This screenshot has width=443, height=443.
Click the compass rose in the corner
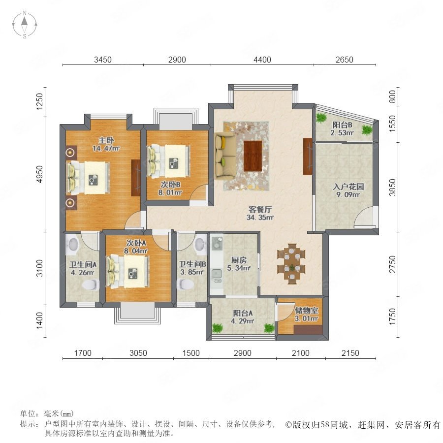tap(25, 24)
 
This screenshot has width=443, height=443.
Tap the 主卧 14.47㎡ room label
tap(106, 144)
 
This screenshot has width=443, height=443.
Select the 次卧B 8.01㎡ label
tap(170, 189)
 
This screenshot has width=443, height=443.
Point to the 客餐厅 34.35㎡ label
tap(260, 213)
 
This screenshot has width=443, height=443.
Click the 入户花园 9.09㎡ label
tap(348, 190)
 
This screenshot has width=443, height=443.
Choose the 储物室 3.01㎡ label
tap(307, 315)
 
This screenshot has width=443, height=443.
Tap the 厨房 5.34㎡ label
tap(239, 264)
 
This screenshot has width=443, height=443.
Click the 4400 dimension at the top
tap(262, 60)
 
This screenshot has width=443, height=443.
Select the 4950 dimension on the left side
tap(40, 174)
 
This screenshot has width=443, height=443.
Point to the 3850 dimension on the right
tap(392, 188)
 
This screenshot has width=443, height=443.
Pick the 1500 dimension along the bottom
tap(191, 353)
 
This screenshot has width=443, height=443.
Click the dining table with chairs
tap(291, 264)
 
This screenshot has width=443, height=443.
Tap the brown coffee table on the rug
tap(253, 156)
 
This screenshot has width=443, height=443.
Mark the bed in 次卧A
tap(127, 272)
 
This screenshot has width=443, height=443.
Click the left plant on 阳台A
tap(217, 328)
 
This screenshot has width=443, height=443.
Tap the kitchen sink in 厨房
tap(217, 274)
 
